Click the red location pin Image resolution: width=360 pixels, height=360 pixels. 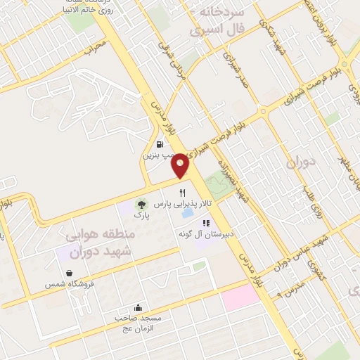pyautogui.click(x=181, y=165)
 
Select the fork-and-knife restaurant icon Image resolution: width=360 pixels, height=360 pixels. pyautogui.click(x=183, y=192)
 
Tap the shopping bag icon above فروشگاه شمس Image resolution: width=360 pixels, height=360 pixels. pyautogui.click(x=69, y=274)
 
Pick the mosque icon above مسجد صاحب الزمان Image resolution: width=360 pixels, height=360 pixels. pyautogui.click(x=138, y=307)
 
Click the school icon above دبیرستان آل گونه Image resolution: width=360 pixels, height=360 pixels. pyautogui.click(x=206, y=223)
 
